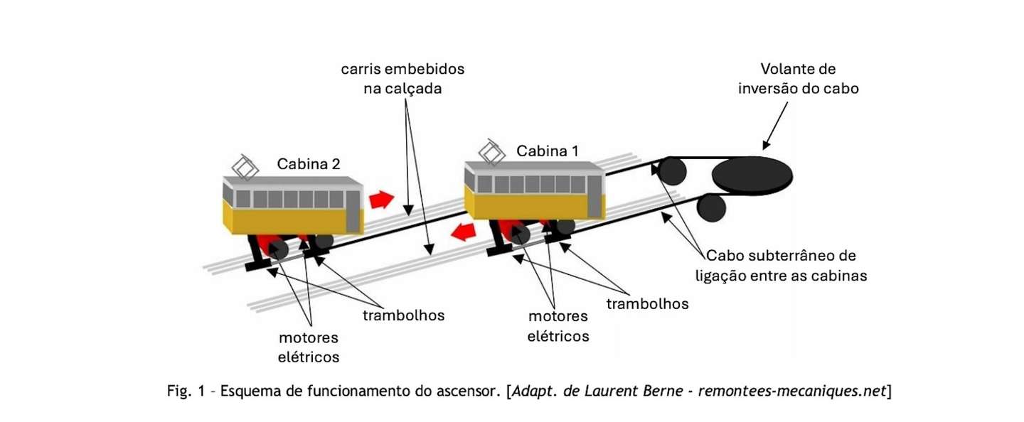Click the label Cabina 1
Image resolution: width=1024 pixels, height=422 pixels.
pos(548,151)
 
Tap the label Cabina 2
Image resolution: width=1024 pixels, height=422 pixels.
pos(309,164)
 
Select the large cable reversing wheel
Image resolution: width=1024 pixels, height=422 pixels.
pos(752,175)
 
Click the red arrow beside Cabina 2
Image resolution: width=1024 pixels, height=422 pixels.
pos(381,200)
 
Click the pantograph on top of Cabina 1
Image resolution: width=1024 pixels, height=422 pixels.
pos(492,152)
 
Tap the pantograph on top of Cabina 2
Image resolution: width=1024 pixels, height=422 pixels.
pos(245,168)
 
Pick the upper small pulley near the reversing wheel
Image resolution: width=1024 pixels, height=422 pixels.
pos(672,171)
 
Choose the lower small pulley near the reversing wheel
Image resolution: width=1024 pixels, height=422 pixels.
pos(711,207)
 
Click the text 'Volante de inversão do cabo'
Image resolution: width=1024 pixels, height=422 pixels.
pos(798,79)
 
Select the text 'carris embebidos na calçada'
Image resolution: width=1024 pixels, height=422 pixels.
pos(402,79)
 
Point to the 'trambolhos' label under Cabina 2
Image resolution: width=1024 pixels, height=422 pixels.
pos(404,315)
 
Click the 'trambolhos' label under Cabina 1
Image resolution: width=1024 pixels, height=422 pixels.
pos(647,304)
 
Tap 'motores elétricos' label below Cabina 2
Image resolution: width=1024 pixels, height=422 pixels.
pos(309,347)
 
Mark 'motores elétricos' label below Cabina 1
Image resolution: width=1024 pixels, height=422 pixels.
pos(558,326)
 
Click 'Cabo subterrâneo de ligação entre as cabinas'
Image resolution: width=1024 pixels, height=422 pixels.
pos(782,266)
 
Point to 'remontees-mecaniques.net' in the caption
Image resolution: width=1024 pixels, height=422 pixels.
pos(792,391)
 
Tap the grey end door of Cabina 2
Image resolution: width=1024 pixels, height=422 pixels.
pos(353,212)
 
